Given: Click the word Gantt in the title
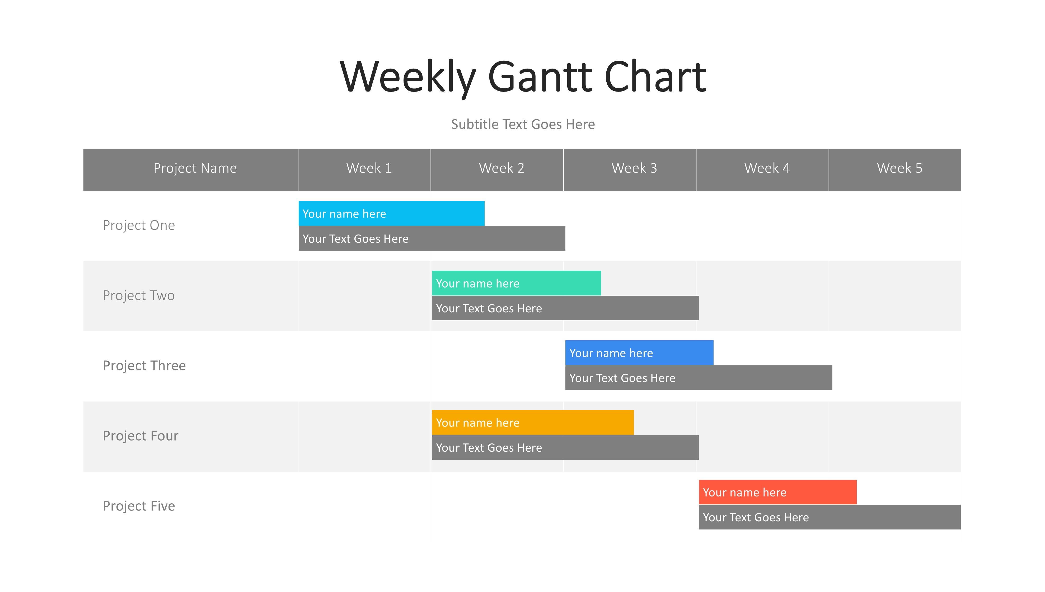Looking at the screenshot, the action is (540, 77).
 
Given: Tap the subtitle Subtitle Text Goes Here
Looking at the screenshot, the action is (523, 124).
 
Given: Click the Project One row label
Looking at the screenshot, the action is (139, 225).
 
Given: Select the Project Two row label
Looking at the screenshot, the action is (139, 295).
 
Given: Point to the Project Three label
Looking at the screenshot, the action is (144, 366).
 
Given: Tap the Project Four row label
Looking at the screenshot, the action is (140, 436).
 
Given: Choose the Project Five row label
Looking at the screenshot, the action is (139, 506).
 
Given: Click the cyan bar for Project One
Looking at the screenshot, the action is (391, 213).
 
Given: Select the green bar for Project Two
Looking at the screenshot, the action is (516, 283).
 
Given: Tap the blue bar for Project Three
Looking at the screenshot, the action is (639, 352).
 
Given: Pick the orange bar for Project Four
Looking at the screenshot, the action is (533, 422).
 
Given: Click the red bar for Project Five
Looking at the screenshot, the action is (778, 492).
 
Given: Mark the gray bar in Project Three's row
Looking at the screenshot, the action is (699, 378).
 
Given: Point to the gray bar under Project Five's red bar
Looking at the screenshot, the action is (830, 517).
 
